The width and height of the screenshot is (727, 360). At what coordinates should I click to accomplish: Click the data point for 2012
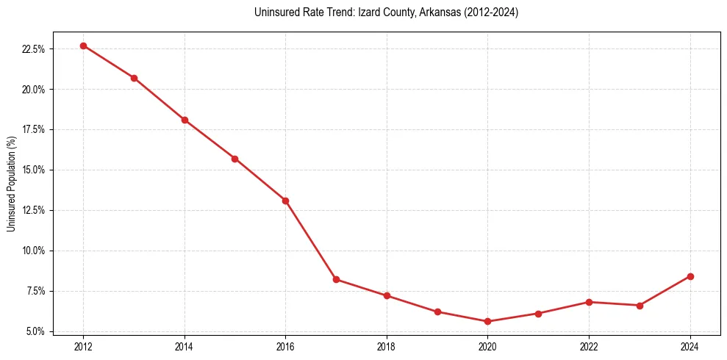pos(83,46)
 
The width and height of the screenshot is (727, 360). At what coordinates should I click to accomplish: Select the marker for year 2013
pos(134,78)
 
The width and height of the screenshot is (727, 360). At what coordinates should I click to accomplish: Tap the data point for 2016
pos(285,201)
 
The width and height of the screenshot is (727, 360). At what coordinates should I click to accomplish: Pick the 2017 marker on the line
pos(336,279)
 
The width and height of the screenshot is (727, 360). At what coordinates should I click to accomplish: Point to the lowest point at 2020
pos(487,321)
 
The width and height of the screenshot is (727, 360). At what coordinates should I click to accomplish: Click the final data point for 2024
pos(690,276)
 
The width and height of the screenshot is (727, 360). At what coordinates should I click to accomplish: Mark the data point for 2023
pos(640,305)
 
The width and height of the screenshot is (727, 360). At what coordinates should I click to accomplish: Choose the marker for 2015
pos(234,159)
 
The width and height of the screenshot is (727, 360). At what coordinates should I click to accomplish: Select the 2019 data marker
pos(437,312)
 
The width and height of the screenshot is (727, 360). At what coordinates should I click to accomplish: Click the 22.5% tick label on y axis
pos(34,49)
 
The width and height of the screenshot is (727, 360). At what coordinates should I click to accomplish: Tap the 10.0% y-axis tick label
pos(34,251)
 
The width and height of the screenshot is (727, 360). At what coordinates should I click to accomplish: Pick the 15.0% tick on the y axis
pos(34,170)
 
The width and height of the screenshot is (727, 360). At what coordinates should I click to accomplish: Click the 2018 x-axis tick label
pos(387,346)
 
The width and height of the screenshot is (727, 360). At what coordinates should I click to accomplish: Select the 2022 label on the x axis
pos(589,346)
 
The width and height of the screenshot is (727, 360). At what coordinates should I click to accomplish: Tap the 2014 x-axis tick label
pos(185,346)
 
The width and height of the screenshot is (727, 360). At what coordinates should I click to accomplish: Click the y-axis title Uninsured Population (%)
pos(11,184)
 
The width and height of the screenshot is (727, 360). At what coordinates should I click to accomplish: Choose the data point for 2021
pos(538,314)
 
